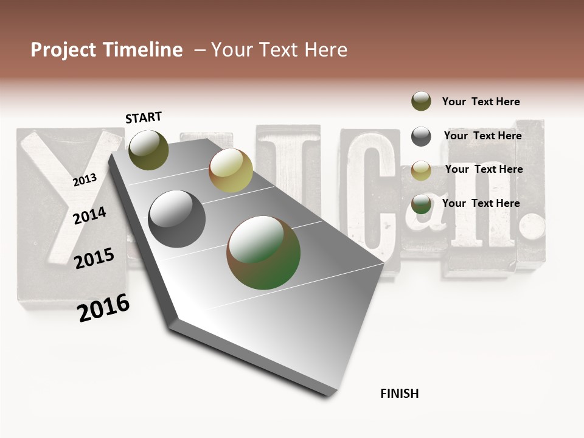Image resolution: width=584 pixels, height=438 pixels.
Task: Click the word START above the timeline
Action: point(144,117)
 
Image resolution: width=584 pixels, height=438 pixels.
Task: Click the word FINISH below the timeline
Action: point(400,394)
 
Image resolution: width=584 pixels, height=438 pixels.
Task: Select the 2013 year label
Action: point(85,179)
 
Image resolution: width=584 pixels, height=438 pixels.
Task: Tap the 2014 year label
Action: point(90,216)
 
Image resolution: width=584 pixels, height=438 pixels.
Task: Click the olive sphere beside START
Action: point(149,150)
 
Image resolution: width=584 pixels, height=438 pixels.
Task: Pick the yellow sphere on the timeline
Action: point(231,170)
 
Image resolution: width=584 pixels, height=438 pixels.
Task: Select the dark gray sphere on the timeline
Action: point(177,219)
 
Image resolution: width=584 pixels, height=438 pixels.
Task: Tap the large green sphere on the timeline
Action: point(263,252)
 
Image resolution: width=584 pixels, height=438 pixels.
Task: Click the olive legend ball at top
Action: point(421,101)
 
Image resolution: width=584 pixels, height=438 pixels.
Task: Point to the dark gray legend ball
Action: point(421,136)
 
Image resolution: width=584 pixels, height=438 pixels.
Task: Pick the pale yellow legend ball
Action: point(421,170)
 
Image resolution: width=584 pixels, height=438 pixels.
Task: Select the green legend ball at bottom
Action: point(421,204)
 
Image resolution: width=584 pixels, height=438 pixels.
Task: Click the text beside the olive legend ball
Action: point(481,102)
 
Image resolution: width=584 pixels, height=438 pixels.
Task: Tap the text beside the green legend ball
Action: point(481,203)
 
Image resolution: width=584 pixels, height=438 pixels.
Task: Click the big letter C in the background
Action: point(368,195)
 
